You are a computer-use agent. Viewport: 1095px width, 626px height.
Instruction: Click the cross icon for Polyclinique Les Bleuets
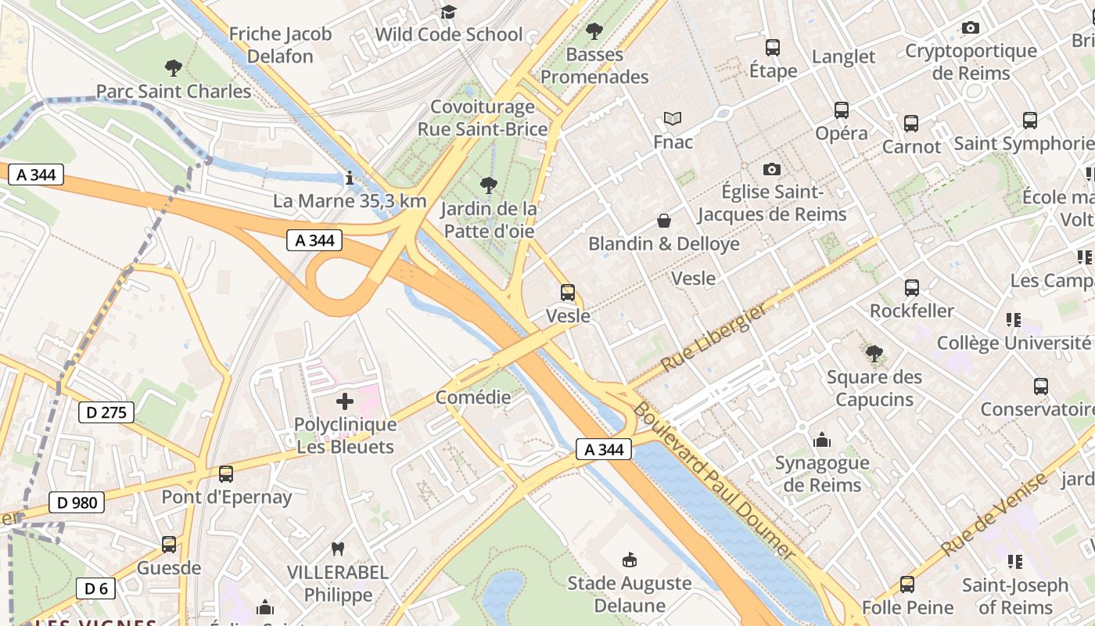pyautogui.click(x=345, y=402)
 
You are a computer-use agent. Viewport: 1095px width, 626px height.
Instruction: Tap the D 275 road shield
pyautogui.click(x=106, y=412)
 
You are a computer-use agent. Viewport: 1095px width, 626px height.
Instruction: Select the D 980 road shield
pyautogui.click(x=77, y=502)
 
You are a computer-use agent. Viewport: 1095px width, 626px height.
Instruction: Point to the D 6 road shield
pyautogui.click(x=96, y=588)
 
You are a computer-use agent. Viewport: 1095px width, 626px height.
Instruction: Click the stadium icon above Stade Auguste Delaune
pyautogui.click(x=629, y=559)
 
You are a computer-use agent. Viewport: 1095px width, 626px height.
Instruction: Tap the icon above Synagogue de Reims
pyautogui.click(x=821, y=440)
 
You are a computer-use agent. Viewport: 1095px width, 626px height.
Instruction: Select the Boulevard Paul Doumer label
pyautogui.click(x=713, y=480)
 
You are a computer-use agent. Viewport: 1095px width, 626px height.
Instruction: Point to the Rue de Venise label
pyautogui.click(x=993, y=515)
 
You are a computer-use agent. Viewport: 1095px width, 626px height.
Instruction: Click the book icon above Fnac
pyautogui.click(x=673, y=119)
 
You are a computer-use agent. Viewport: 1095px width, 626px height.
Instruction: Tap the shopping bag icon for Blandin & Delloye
pyautogui.click(x=663, y=221)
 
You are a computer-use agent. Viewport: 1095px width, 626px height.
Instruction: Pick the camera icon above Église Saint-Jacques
pyautogui.click(x=772, y=169)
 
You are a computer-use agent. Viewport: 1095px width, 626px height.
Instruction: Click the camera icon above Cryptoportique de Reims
pyautogui.click(x=971, y=28)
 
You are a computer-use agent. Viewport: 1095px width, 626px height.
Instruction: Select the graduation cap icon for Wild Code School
pyautogui.click(x=448, y=12)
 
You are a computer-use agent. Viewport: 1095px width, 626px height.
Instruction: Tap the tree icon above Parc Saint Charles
pyautogui.click(x=174, y=68)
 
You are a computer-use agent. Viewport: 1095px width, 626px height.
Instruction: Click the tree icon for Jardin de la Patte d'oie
pyautogui.click(x=489, y=185)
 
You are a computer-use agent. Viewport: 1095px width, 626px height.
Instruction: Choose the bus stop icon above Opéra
pyautogui.click(x=842, y=110)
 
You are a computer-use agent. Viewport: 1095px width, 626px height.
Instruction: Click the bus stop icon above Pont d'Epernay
pyautogui.click(x=226, y=473)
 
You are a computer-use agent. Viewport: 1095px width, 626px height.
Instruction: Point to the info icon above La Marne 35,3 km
pyautogui.click(x=350, y=178)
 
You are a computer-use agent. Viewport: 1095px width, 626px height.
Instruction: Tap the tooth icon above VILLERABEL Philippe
pyautogui.click(x=338, y=549)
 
